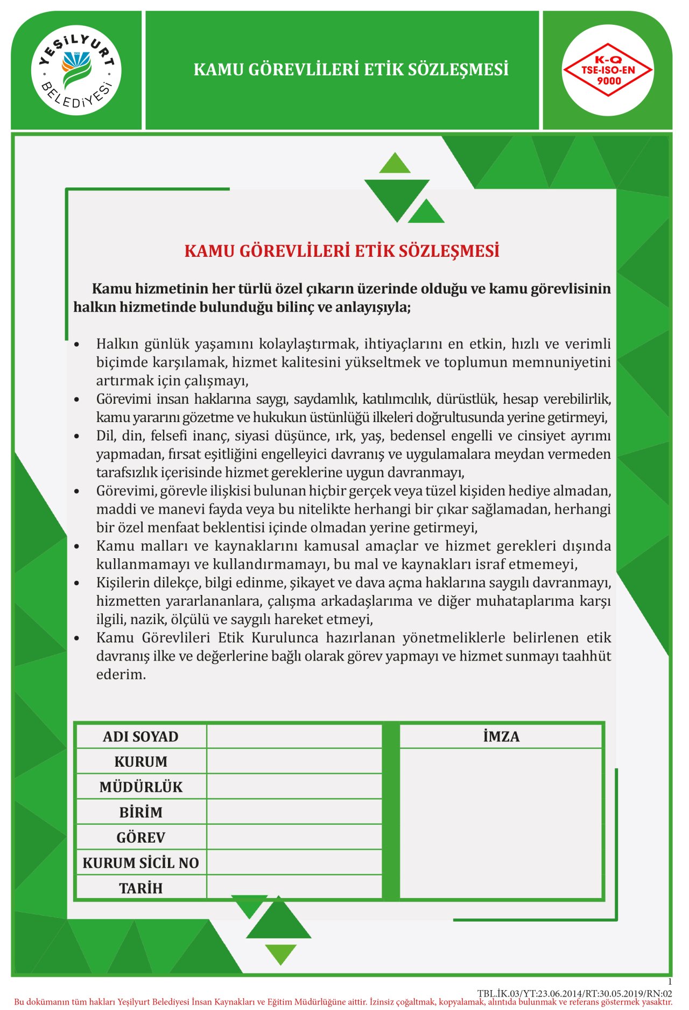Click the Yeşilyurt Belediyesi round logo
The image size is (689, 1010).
pyautogui.click(x=76, y=70)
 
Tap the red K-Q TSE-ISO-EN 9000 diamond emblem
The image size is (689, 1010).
pyautogui.click(x=608, y=70)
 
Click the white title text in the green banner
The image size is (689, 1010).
pyautogui.click(x=351, y=70)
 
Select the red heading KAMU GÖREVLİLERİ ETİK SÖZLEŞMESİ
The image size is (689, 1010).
pyautogui.click(x=342, y=251)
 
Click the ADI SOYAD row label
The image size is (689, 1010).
pyautogui.click(x=140, y=737)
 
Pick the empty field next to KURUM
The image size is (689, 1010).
pyautogui.click(x=294, y=761)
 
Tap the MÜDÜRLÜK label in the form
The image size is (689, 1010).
pyautogui.click(x=141, y=787)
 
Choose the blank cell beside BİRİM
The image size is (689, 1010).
pyautogui.click(x=294, y=812)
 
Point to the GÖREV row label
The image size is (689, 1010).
pyautogui.click(x=141, y=837)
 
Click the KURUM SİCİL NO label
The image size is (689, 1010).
pyautogui.click(x=141, y=863)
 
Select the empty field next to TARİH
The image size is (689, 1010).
pyautogui.click(x=294, y=888)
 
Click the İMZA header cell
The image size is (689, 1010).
pyautogui.click(x=501, y=737)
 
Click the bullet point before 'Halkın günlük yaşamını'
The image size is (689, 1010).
pyautogui.click(x=78, y=344)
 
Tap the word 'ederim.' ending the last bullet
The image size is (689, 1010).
pyautogui.click(x=121, y=675)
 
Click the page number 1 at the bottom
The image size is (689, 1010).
pyautogui.click(x=670, y=981)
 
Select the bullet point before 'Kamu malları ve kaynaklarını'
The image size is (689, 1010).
pyautogui.click(x=78, y=546)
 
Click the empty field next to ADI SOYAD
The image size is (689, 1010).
pyautogui.click(x=294, y=737)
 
